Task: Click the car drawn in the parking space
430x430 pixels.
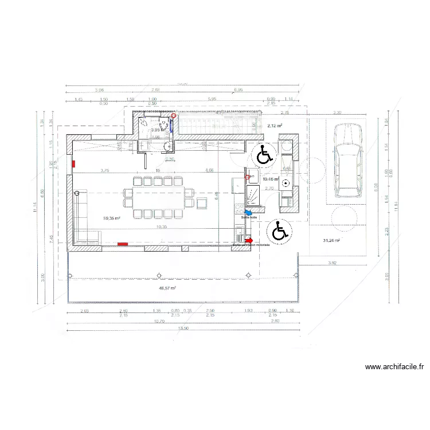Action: point(347,162)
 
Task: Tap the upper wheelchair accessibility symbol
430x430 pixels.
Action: point(264,154)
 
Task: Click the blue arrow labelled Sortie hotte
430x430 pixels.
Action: point(248,212)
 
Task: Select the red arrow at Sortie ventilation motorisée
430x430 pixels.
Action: point(249,240)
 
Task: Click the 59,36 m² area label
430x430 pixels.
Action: point(111,218)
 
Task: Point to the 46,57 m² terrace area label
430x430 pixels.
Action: point(167,288)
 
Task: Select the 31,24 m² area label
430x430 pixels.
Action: point(331,241)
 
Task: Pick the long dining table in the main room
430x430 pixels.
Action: point(158,198)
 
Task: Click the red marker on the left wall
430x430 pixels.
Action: point(73,164)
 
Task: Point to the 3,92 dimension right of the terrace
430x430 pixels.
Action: point(333,263)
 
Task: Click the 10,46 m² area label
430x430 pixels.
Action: point(270,179)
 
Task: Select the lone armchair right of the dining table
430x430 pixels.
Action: point(202,202)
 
